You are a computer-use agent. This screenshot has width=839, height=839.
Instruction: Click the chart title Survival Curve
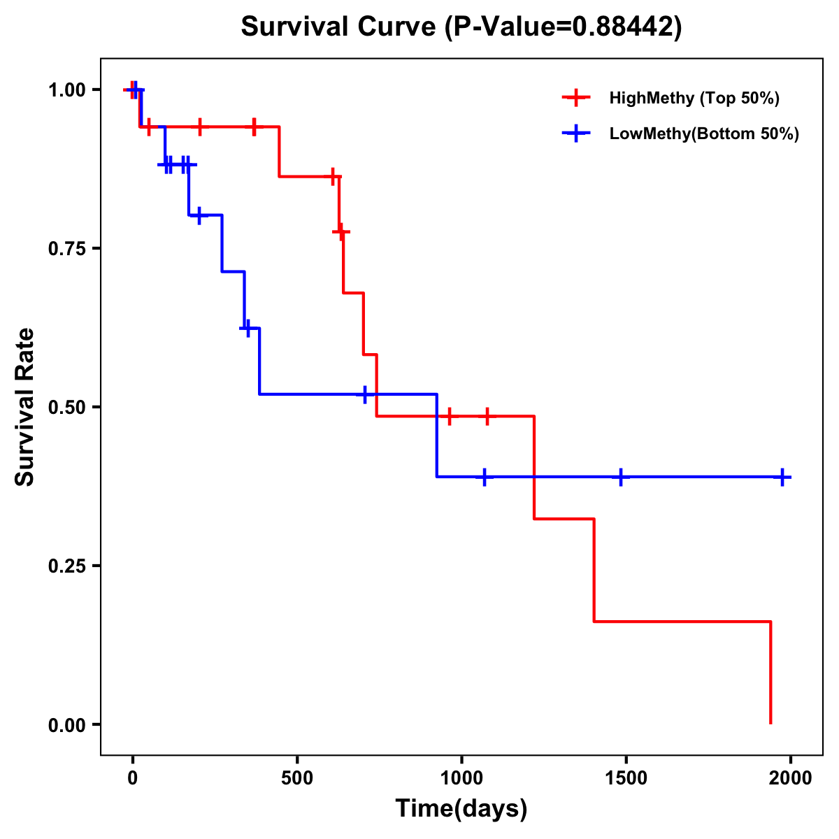tap(461, 27)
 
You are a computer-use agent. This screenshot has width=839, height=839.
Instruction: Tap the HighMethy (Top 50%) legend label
tap(694, 98)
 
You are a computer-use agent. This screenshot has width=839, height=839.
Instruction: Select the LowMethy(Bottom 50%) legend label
tap(704, 134)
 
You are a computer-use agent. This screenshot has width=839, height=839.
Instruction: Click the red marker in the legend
tap(576, 98)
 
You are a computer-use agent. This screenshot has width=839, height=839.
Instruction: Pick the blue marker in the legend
tap(576, 134)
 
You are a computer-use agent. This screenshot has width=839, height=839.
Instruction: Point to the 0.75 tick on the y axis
tap(66, 248)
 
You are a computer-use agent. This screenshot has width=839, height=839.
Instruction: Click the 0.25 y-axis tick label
tap(66, 566)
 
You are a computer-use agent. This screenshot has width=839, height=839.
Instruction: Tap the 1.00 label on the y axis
tap(66, 89)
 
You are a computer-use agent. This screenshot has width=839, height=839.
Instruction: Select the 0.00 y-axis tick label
tap(66, 724)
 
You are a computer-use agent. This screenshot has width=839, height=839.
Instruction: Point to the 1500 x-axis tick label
tap(625, 778)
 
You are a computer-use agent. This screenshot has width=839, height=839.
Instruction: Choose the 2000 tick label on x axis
tap(790, 778)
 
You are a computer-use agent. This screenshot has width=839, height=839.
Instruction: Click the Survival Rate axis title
tap(25, 407)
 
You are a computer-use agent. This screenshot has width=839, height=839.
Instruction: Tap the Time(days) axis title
tap(461, 809)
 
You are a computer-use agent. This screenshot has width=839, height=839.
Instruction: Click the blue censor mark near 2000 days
tap(782, 477)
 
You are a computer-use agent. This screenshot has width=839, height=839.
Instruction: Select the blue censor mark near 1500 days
tap(620, 477)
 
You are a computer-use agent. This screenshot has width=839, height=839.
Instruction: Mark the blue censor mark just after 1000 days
tap(484, 477)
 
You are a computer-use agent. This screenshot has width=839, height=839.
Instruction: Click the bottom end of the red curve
tap(770, 722)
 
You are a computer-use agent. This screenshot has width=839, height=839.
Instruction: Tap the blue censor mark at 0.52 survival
tap(365, 394)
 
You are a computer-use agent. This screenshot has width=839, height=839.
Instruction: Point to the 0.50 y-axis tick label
tap(66, 407)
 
